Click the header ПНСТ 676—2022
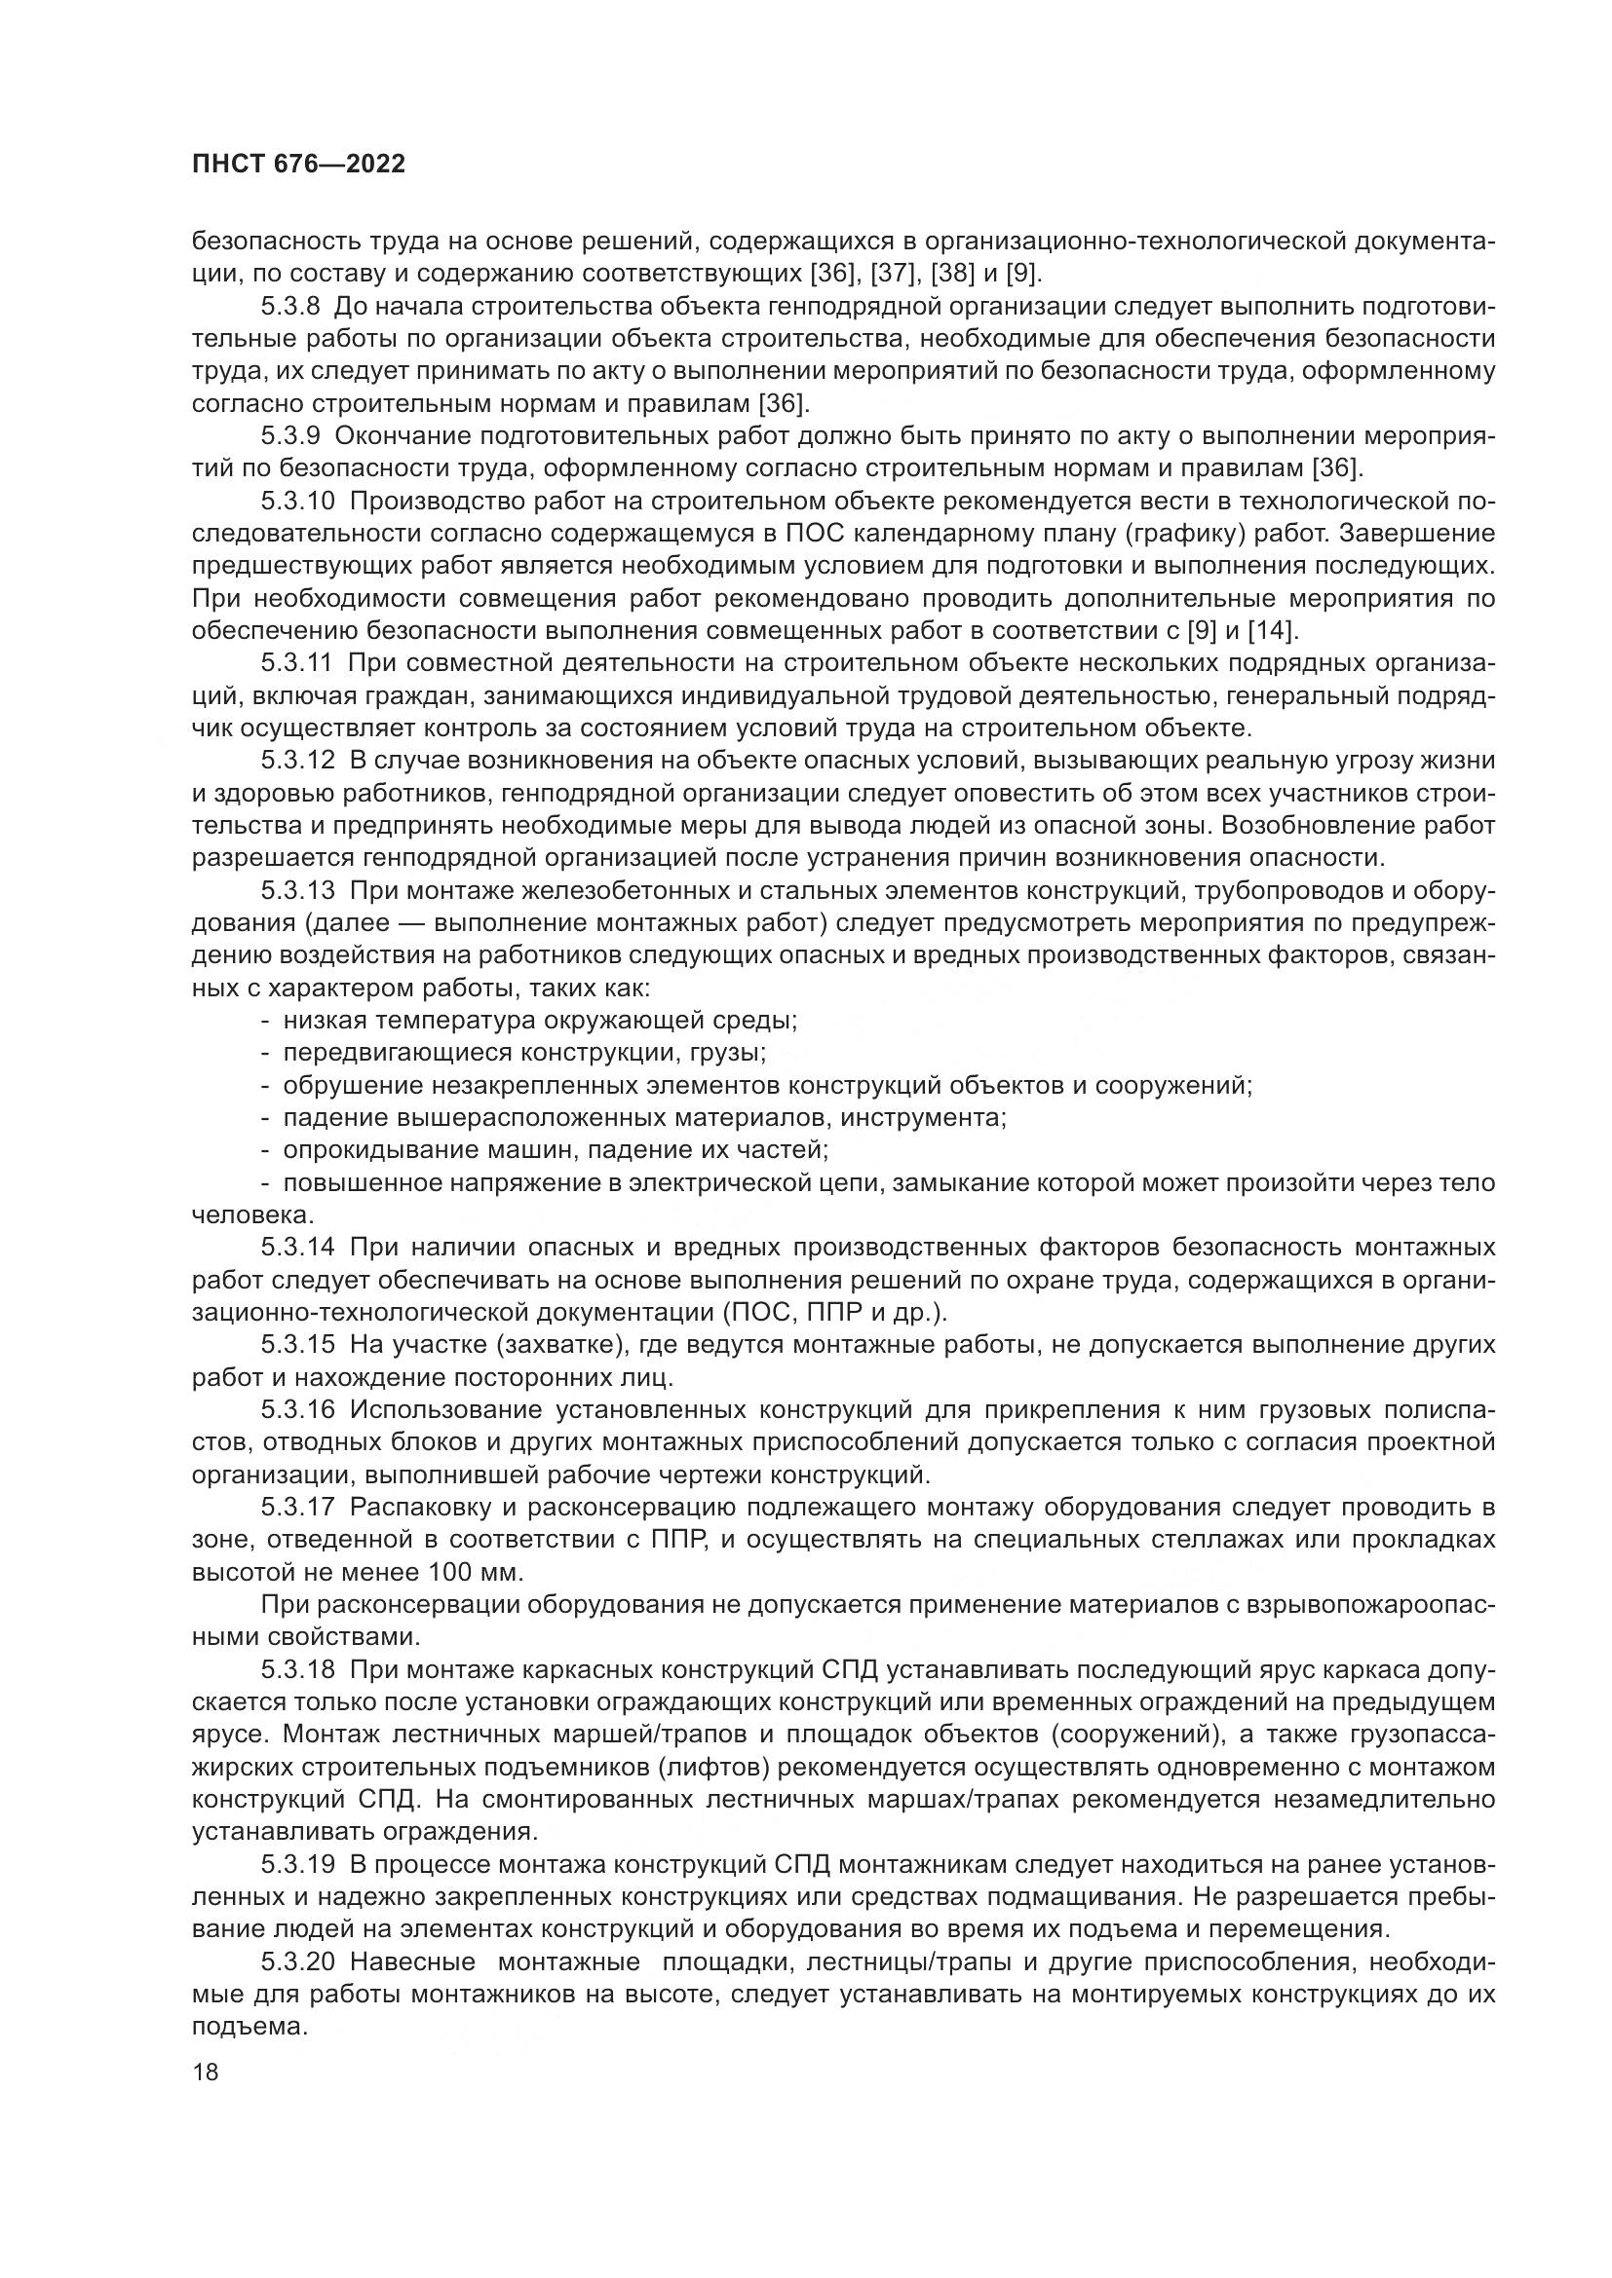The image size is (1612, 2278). tap(298, 165)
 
